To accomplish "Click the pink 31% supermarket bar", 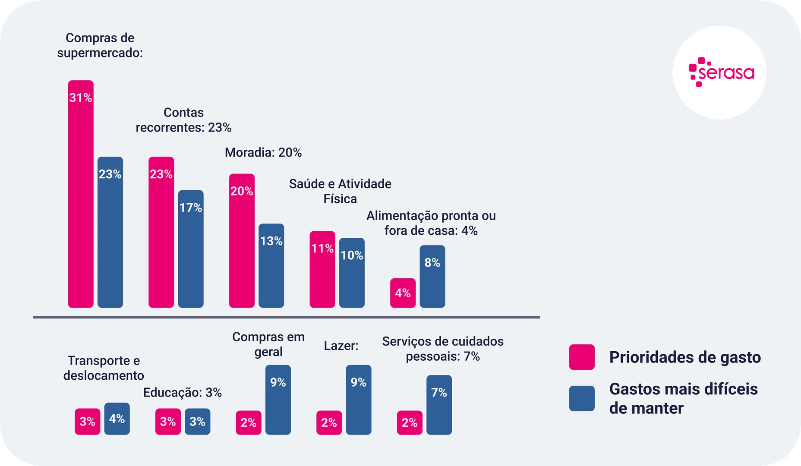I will pos(81,194).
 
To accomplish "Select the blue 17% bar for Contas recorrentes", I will pos(191,249).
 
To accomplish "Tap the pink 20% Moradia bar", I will pos(242,241).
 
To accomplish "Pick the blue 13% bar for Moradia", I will pos(271,265).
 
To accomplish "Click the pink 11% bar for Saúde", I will pos(322,269).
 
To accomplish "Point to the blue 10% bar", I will pos(352,273).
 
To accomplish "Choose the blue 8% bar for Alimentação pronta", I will pos(432,276).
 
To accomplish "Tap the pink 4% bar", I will pos(403,293).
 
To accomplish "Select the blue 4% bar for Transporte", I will pos(117,419).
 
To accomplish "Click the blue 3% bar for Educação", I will pos(198,422).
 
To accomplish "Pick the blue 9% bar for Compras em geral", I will pos(278,400).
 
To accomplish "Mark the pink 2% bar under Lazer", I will pos(329,422).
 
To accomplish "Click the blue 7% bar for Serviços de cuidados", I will pos(439,405).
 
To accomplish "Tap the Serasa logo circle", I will pos(720,72).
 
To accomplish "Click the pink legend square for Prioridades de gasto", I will pos(582,357).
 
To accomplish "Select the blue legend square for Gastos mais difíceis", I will pos(582,398).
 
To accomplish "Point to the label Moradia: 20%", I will pos(263,153).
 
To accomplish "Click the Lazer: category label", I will pos(341,346).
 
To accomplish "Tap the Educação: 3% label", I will pos(183,393).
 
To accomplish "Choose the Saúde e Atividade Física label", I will pos(340,191).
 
